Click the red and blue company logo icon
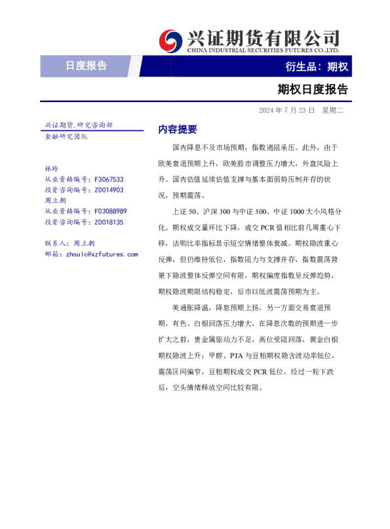point(172,40)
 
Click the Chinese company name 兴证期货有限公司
point(263,37)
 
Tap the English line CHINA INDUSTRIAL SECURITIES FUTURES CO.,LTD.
point(263,50)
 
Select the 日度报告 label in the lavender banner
point(86,65)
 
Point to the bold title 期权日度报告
point(312,88)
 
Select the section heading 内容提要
point(178,129)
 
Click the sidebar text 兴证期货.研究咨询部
point(78,124)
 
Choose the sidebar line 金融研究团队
point(66,136)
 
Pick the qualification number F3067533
point(109,179)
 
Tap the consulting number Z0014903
point(109,190)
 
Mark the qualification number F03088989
point(111,211)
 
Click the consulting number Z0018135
point(109,223)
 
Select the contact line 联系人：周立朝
point(69,243)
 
